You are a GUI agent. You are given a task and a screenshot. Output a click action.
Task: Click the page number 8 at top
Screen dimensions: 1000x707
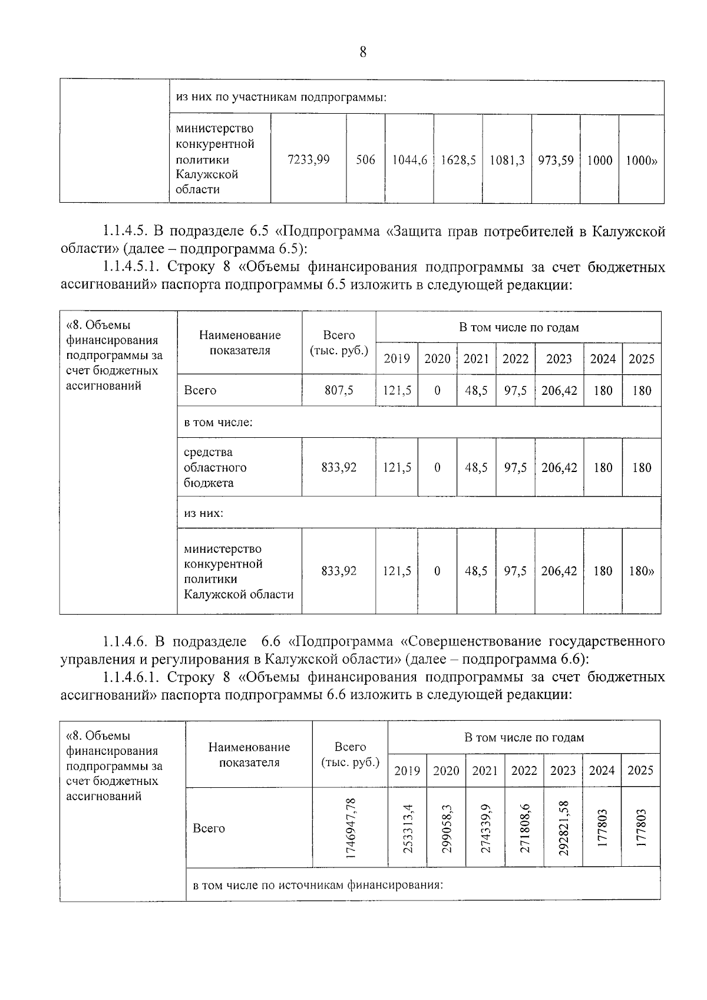click(x=362, y=52)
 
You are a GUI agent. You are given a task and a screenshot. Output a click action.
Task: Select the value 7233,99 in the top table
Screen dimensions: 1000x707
click(x=308, y=160)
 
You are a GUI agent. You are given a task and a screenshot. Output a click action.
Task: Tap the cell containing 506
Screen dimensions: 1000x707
click(x=365, y=160)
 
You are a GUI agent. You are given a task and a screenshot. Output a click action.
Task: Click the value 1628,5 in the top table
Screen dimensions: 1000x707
click(x=458, y=160)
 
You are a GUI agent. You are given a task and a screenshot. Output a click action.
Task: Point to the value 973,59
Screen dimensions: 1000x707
click(x=556, y=160)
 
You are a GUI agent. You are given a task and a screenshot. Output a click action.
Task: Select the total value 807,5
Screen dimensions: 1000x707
click(x=339, y=390)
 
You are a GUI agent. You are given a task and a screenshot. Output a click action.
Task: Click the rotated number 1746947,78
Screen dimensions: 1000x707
click(x=350, y=827)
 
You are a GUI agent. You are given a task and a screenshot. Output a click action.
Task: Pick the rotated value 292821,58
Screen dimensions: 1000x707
click(x=563, y=827)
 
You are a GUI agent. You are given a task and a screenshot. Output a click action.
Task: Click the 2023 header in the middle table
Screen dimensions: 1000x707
click(x=559, y=359)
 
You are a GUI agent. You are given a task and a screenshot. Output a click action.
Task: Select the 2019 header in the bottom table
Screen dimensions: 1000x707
click(x=407, y=770)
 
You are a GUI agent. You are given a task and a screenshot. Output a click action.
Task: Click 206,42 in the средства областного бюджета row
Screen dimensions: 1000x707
click(x=559, y=467)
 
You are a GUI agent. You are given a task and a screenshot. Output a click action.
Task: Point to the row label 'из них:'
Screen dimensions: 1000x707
click(x=203, y=513)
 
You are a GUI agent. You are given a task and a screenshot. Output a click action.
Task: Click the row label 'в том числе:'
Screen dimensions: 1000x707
click(x=218, y=422)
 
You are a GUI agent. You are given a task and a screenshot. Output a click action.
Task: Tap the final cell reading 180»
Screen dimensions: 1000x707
click(x=642, y=570)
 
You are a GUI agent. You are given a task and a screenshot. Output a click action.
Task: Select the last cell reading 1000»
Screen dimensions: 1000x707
click(x=641, y=160)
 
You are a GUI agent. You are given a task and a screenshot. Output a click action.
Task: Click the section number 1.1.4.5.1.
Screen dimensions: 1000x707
click(x=131, y=267)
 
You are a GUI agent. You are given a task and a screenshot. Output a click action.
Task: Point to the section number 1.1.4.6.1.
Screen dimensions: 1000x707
click(x=131, y=676)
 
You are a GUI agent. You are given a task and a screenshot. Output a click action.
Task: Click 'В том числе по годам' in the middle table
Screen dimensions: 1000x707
click(x=518, y=328)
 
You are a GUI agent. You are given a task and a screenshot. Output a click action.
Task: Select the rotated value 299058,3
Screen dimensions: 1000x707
click(x=446, y=827)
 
